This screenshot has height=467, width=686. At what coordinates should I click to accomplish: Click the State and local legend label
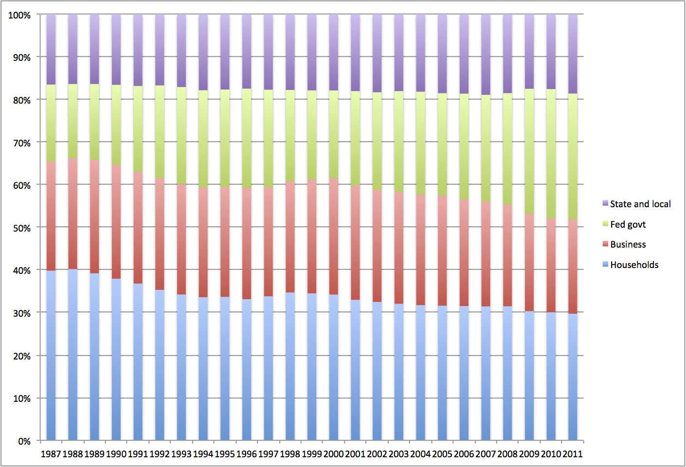point(640,204)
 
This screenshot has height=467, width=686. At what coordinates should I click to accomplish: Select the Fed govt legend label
point(628,224)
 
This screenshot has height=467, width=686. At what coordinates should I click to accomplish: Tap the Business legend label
point(628,245)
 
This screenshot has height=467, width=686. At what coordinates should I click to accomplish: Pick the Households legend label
point(634,265)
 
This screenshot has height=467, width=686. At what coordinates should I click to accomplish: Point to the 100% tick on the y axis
point(19,16)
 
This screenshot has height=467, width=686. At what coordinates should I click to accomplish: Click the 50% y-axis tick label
point(21,228)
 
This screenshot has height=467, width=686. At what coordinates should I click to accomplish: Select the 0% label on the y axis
point(24,441)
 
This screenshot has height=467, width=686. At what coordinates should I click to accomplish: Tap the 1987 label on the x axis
point(51,454)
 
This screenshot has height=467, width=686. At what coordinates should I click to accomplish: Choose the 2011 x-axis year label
point(573,454)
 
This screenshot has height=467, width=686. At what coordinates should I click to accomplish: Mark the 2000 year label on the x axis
point(333,454)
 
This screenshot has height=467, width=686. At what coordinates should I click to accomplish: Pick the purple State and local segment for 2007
point(486,54)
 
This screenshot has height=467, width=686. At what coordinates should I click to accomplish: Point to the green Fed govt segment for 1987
point(51,123)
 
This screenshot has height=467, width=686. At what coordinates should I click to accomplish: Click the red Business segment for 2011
point(573,267)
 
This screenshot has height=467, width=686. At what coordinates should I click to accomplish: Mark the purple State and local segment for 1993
point(181,51)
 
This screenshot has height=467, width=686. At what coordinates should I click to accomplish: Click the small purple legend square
point(605,203)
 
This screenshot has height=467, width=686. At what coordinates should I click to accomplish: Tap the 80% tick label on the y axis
point(21,101)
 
